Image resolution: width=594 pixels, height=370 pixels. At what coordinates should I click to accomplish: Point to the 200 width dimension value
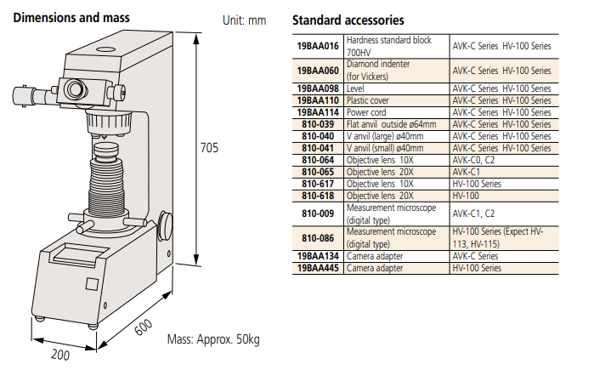[59, 354]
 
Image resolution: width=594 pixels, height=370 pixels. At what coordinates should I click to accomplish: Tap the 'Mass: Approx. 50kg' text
[213, 339]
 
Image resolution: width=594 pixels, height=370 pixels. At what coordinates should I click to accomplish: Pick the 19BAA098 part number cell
[317, 88]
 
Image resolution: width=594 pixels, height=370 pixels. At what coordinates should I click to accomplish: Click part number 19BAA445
[317, 267]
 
